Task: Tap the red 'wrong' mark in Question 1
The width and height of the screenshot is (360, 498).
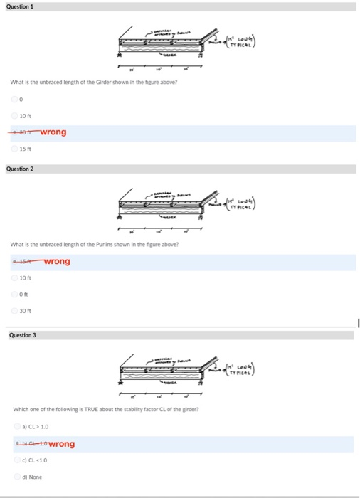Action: (54, 132)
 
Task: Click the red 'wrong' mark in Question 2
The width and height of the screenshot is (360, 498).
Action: (57, 261)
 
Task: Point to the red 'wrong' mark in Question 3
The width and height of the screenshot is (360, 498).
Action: (61, 444)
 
